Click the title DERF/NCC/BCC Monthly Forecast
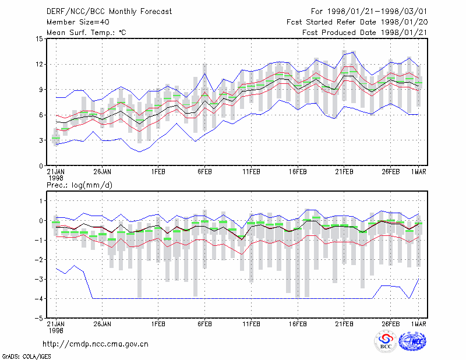(109, 12)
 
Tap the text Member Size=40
(78, 22)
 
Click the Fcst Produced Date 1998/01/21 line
(365, 33)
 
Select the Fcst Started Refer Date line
(357, 22)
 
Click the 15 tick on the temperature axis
(39, 39)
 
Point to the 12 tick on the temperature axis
(39, 64)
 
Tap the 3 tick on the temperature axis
(41, 140)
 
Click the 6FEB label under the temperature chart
(205, 172)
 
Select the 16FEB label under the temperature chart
(298, 172)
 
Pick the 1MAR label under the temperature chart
(419, 172)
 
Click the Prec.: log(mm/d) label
(79, 185)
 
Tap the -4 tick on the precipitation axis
(39, 298)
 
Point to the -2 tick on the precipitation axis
(39, 260)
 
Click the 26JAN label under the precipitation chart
(103, 324)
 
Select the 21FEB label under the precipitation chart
(344, 324)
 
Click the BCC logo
(386, 341)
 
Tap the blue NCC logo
(413, 341)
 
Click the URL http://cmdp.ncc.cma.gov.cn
(96, 344)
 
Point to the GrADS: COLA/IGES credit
(26, 357)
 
